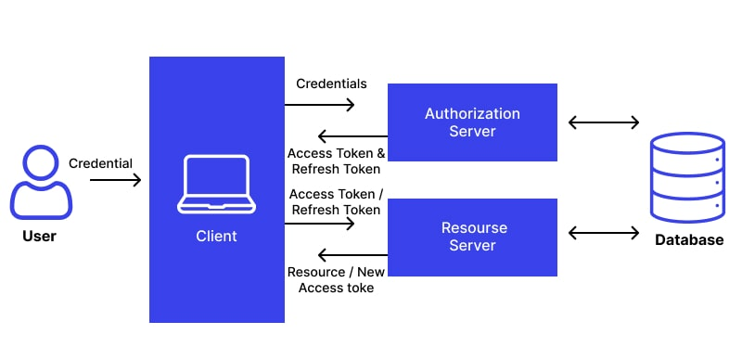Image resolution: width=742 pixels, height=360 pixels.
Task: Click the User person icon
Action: tap(41, 184)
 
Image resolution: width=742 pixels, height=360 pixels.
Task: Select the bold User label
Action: tap(40, 237)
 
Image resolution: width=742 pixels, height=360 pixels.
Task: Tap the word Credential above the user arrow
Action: tap(101, 163)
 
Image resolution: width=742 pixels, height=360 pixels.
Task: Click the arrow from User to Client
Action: tap(115, 181)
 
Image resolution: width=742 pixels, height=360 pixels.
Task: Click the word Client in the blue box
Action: tap(216, 237)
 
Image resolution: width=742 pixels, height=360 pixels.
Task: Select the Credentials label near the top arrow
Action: tap(331, 84)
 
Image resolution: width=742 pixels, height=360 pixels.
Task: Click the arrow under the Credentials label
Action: tap(320, 105)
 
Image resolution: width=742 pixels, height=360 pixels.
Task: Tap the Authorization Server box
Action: tap(472, 122)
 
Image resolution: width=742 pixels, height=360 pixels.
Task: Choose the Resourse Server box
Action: tap(472, 237)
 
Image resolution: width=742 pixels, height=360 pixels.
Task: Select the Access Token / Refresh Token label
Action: tap(335, 202)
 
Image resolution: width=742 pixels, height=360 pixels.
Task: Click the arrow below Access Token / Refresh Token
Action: tap(320, 224)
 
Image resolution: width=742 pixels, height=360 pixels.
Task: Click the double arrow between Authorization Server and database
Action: tap(604, 122)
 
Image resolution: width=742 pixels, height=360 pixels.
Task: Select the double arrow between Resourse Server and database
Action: tap(604, 233)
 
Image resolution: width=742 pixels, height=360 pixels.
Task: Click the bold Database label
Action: tap(688, 240)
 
